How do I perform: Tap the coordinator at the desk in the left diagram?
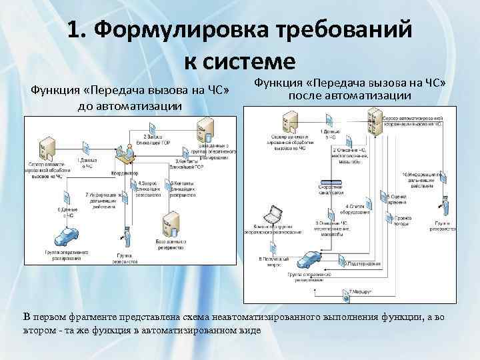(123, 155)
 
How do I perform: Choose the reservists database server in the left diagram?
(172, 224)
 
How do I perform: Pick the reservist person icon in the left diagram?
(124, 237)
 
